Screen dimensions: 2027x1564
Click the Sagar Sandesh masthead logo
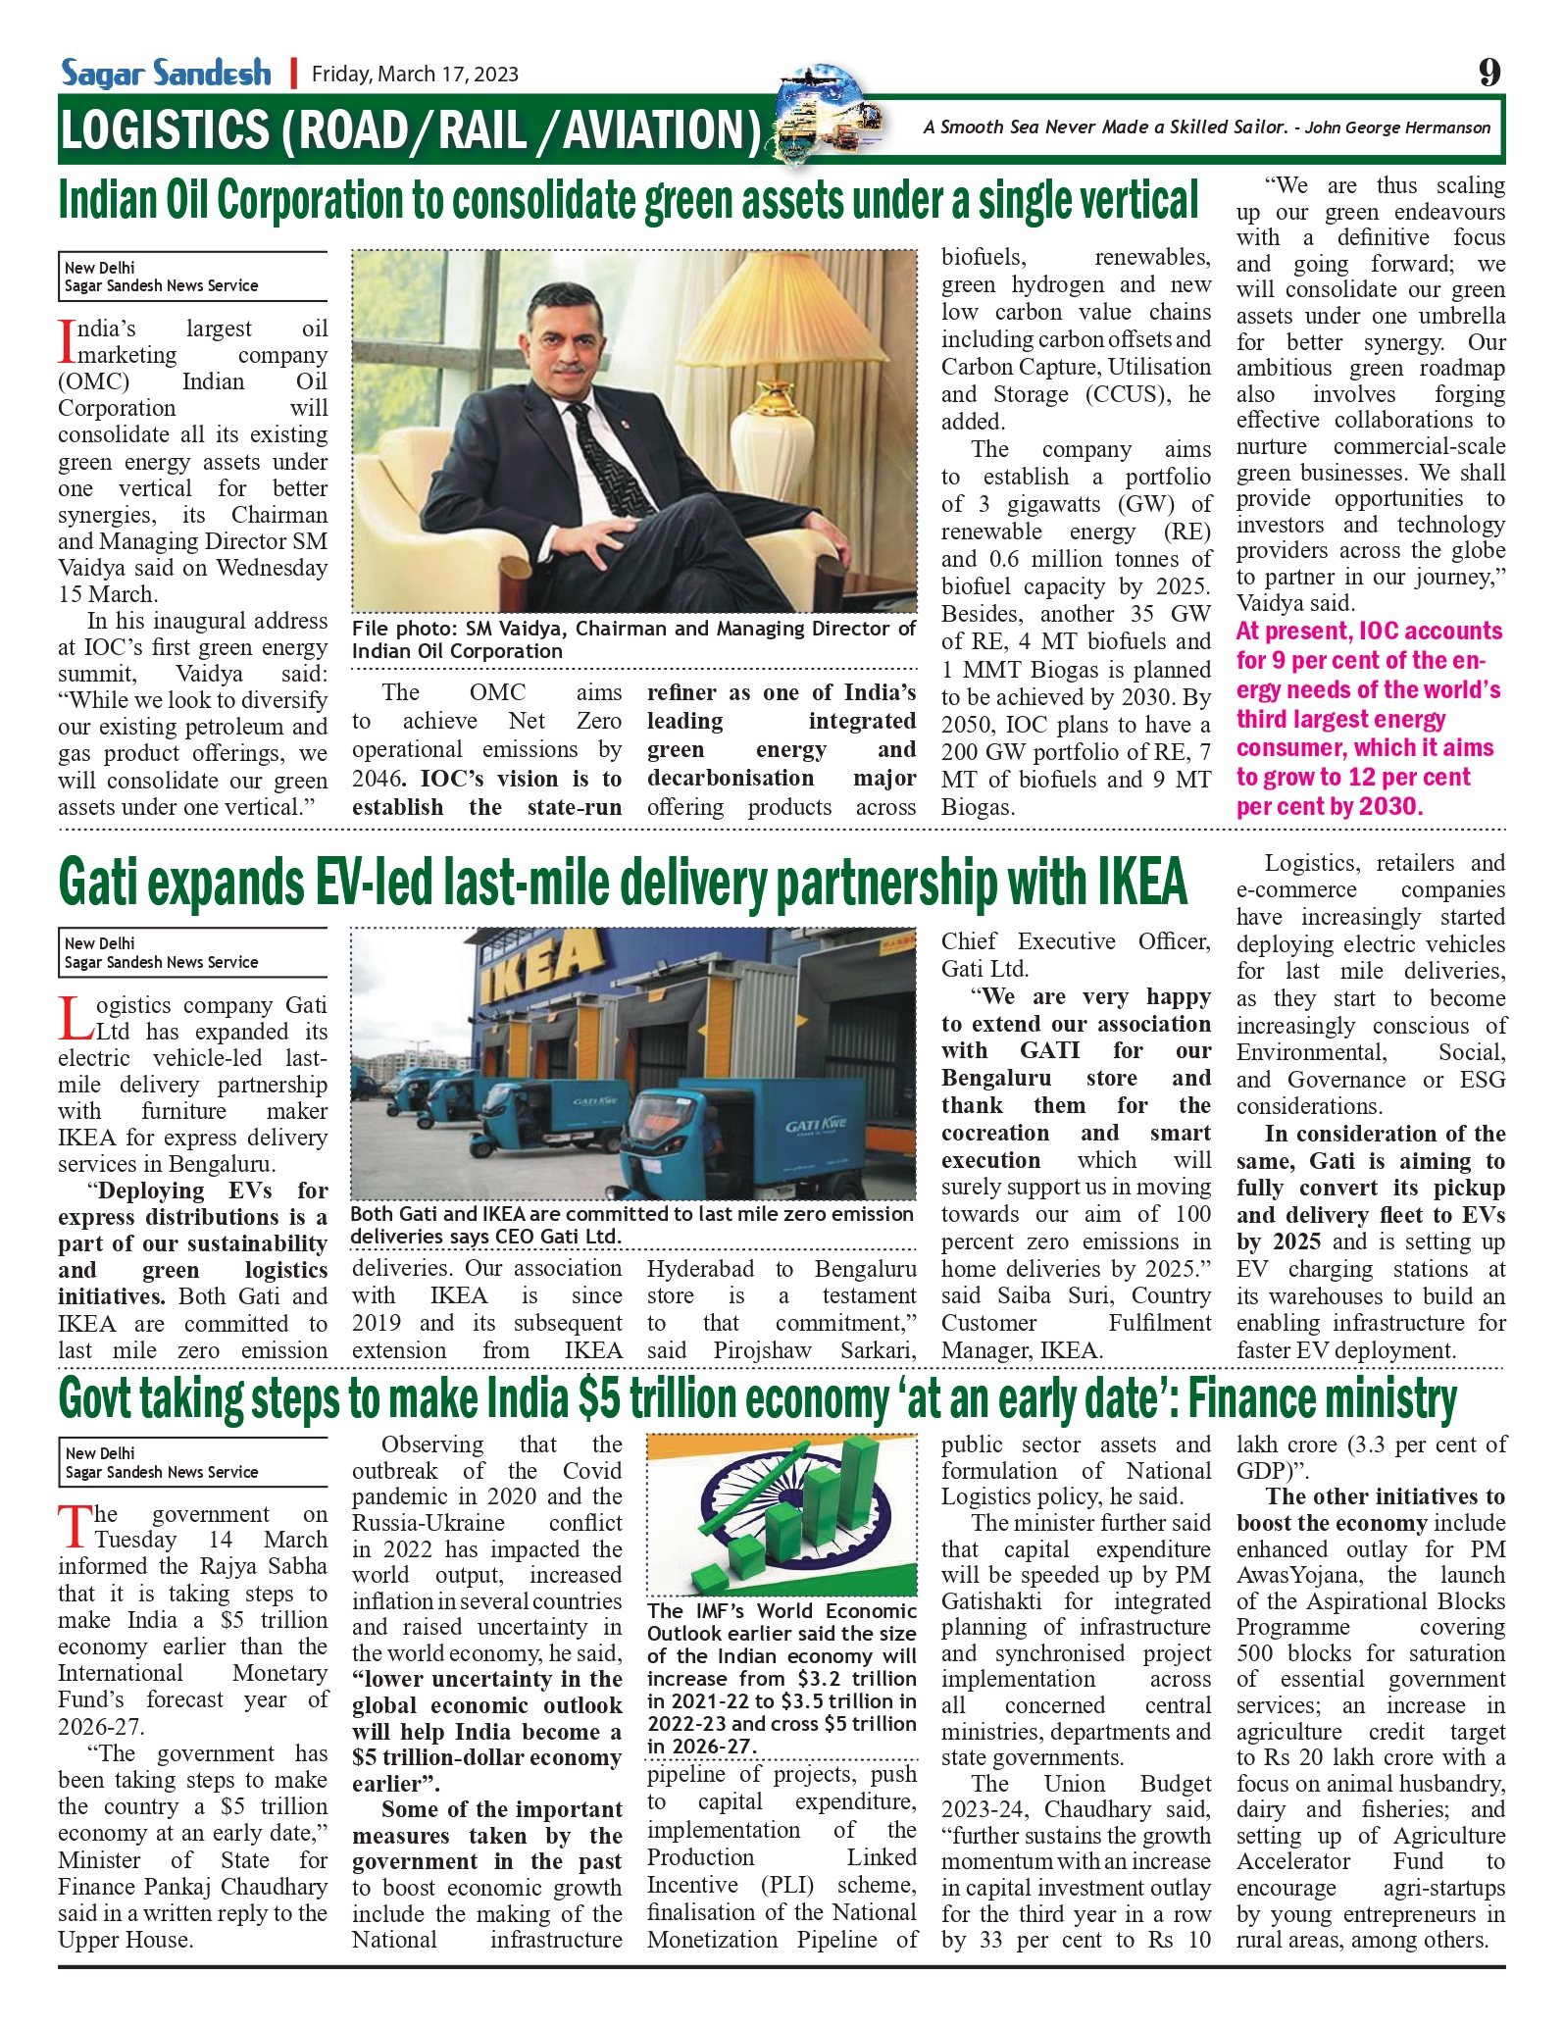click(x=166, y=73)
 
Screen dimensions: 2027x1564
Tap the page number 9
click(x=1488, y=73)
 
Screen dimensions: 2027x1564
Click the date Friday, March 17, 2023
click(x=415, y=75)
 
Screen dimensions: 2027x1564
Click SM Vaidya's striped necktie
click(x=599, y=462)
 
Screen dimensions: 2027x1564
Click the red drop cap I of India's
click(x=67, y=341)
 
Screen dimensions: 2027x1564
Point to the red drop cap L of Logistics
click(x=75, y=1019)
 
